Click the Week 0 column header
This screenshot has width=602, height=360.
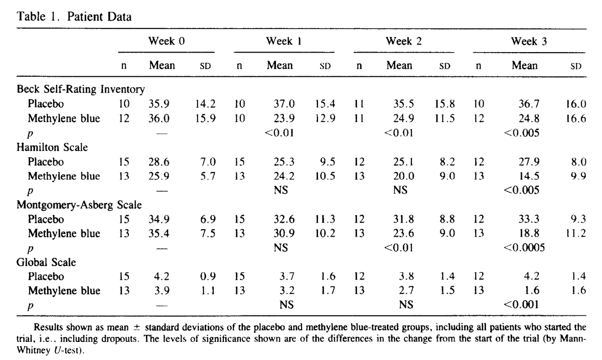click(x=167, y=41)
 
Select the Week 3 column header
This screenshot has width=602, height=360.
click(x=529, y=42)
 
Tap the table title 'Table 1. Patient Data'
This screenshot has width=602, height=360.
click(x=74, y=17)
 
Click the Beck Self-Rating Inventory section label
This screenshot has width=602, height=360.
click(x=81, y=89)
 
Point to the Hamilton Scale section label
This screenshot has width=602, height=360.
click(x=52, y=147)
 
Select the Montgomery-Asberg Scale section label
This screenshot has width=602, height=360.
click(x=79, y=205)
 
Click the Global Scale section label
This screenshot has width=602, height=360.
click(x=46, y=262)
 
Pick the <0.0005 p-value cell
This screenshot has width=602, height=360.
click(x=524, y=247)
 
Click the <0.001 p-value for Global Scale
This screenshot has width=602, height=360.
click(x=521, y=305)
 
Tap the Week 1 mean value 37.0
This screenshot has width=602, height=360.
click(x=284, y=104)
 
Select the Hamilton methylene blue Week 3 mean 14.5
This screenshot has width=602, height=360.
click(x=529, y=176)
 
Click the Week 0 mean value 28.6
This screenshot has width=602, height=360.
click(x=159, y=162)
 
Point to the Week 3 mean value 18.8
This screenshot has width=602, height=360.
click(x=529, y=233)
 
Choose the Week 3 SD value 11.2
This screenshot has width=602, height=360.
click(x=576, y=233)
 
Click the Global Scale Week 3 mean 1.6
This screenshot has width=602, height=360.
click(x=532, y=290)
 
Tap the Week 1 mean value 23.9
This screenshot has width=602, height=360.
click(x=284, y=118)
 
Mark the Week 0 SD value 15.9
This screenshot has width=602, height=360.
click(x=205, y=118)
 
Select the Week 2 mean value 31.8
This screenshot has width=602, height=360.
click(x=404, y=219)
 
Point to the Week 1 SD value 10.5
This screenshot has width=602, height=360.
click(x=325, y=176)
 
